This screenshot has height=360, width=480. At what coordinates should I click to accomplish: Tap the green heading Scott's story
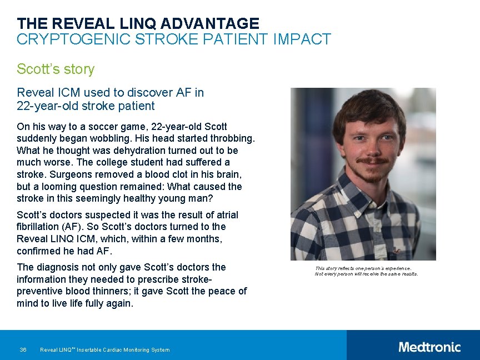pyautogui.click(x=56, y=69)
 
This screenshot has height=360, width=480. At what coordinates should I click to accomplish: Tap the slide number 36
pyautogui.click(x=23, y=349)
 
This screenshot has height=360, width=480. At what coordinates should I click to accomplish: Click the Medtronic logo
pyautogui.click(x=429, y=347)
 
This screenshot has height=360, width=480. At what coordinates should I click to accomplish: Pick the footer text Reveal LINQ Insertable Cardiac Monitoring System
pyautogui.click(x=105, y=349)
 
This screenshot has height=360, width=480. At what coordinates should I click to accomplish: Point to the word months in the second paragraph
pyautogui.click(x=203, y=238)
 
